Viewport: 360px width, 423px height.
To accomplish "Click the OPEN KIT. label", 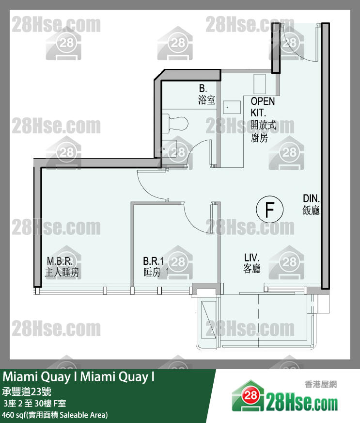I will point(263,106).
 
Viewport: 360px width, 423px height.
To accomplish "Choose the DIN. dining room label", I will point(312,198).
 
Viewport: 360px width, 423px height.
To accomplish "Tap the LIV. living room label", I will point(251,258).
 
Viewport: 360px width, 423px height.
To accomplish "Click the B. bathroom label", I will point(203,89).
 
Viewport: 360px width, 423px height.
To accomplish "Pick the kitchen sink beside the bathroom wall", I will point(231,107).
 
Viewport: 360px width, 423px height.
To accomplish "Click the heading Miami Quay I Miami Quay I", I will point(79,377).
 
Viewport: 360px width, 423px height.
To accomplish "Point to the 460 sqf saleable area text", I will point(55,415).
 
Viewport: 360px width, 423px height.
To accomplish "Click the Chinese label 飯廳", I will point(312,211).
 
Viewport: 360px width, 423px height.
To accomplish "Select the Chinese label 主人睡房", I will point(62,272).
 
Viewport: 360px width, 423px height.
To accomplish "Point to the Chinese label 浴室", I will point(206,100).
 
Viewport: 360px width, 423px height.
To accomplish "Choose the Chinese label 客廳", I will point(252,269).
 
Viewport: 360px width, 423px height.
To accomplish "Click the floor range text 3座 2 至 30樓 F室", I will point(35,403).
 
